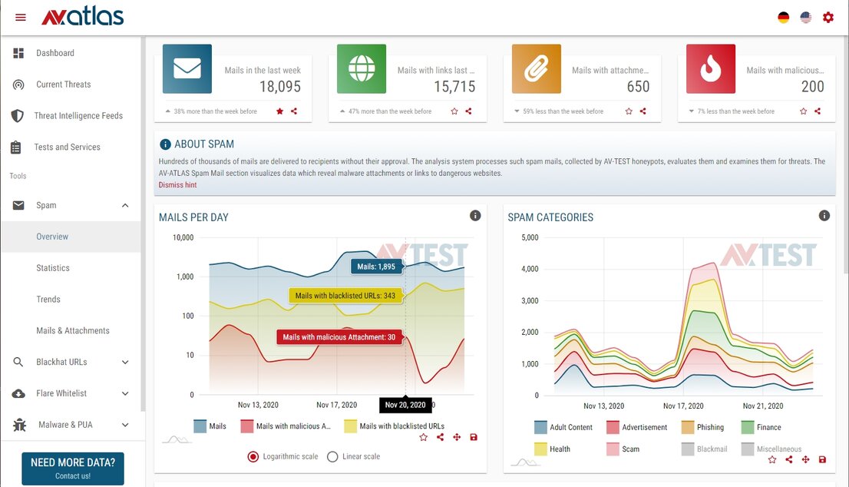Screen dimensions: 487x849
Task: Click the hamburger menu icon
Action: [21, 17]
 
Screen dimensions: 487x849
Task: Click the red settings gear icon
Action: [828, 17]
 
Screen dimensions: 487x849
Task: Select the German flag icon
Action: [783, 17]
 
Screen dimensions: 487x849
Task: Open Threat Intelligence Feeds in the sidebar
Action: [78, 116]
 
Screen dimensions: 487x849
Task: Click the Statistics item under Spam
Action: [53, 268]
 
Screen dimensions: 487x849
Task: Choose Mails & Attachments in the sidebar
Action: [73, 330]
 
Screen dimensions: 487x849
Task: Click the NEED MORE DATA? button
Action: [73, 468]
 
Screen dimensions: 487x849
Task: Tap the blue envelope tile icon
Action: [187, 69]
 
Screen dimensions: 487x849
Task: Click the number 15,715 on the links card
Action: [454, 87]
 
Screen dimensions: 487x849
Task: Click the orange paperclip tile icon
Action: [537, 69]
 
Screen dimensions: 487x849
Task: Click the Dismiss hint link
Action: [177, 185]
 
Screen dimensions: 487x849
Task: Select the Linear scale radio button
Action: [332, 456]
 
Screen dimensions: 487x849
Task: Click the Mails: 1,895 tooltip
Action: [376, 267]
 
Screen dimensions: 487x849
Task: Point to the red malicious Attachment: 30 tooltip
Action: [339, 337]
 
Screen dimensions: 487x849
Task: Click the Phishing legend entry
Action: [702, 427]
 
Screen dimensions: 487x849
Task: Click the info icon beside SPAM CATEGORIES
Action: [824, 216]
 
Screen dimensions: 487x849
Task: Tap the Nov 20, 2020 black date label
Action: [405, 405]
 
